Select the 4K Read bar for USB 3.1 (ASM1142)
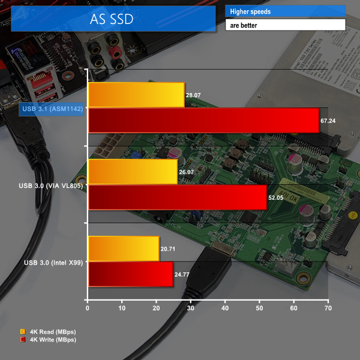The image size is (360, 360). (x=136, y=95)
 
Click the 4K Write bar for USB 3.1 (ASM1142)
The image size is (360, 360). (x=203, y=120)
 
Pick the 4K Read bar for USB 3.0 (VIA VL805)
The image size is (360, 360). (x=133, y=172)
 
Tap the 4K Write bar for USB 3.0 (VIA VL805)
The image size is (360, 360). (x=177, y=197)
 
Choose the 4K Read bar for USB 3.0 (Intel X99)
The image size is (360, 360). (x=124, y=248)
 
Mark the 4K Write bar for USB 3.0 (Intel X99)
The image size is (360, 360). (x=130, y=274)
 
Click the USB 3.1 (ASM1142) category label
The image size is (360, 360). (x=51, y=109)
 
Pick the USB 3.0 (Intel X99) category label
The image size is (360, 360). (x=53, y=262)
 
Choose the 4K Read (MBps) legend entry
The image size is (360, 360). (x=48, y=331)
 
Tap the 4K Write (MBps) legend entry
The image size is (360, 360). (x=48, y=340)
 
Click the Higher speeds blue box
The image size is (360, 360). (x=285, y=11)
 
